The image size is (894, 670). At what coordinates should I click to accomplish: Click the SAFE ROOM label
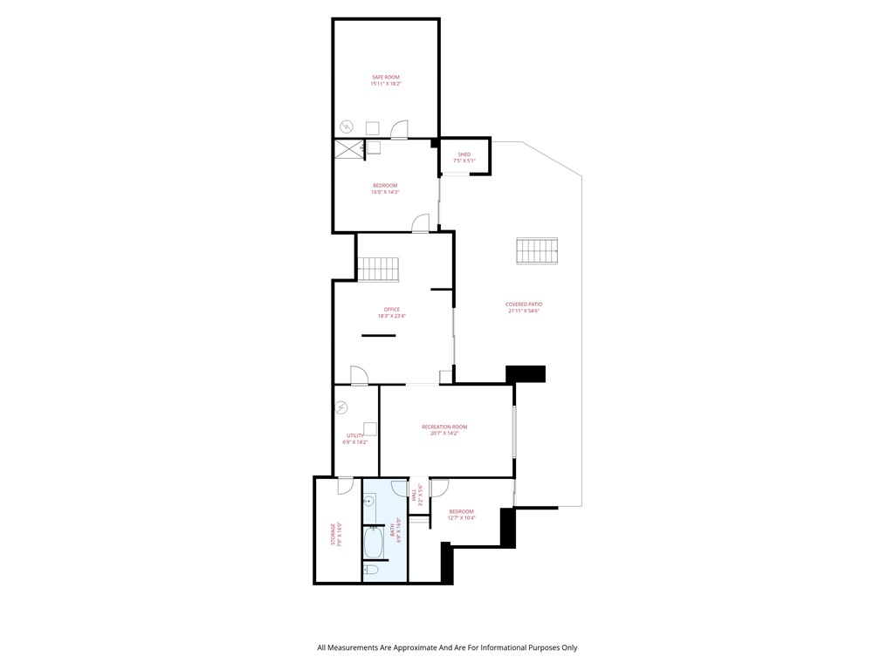[x=385, y=78]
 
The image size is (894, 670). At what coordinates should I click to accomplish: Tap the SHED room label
[x=464, y=154]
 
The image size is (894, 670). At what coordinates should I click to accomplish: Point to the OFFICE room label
[x=391, y=309]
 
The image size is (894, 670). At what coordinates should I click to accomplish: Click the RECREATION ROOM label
[x=444, y=427]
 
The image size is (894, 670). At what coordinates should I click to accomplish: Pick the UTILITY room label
[x=354, y=435]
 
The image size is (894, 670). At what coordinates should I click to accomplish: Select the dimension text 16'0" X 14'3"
[x=385, y=192]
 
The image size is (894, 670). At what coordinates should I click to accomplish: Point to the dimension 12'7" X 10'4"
[x=461, y=518]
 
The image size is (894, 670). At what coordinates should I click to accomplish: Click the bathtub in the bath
[x=373, y=544]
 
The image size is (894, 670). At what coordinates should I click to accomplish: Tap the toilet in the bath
[x=369, y=571]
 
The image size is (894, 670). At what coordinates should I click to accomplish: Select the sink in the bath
[x=369, y=502]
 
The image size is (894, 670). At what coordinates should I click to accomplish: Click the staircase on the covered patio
[x=536, y=251]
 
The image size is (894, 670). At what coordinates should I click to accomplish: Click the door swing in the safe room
[x=399, y=130]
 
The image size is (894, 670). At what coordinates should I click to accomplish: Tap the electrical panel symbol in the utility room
[x=342, y=407]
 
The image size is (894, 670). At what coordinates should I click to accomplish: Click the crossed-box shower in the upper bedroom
[x=347, y=148]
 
